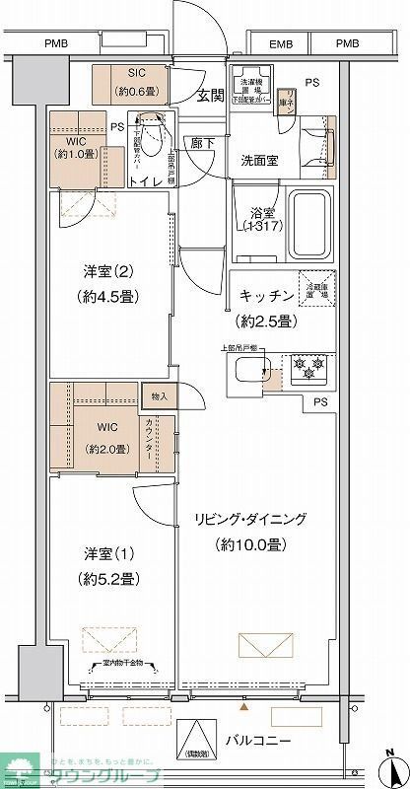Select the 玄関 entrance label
(209, 95)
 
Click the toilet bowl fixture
(150, 131)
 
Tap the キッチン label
(265, 295)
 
